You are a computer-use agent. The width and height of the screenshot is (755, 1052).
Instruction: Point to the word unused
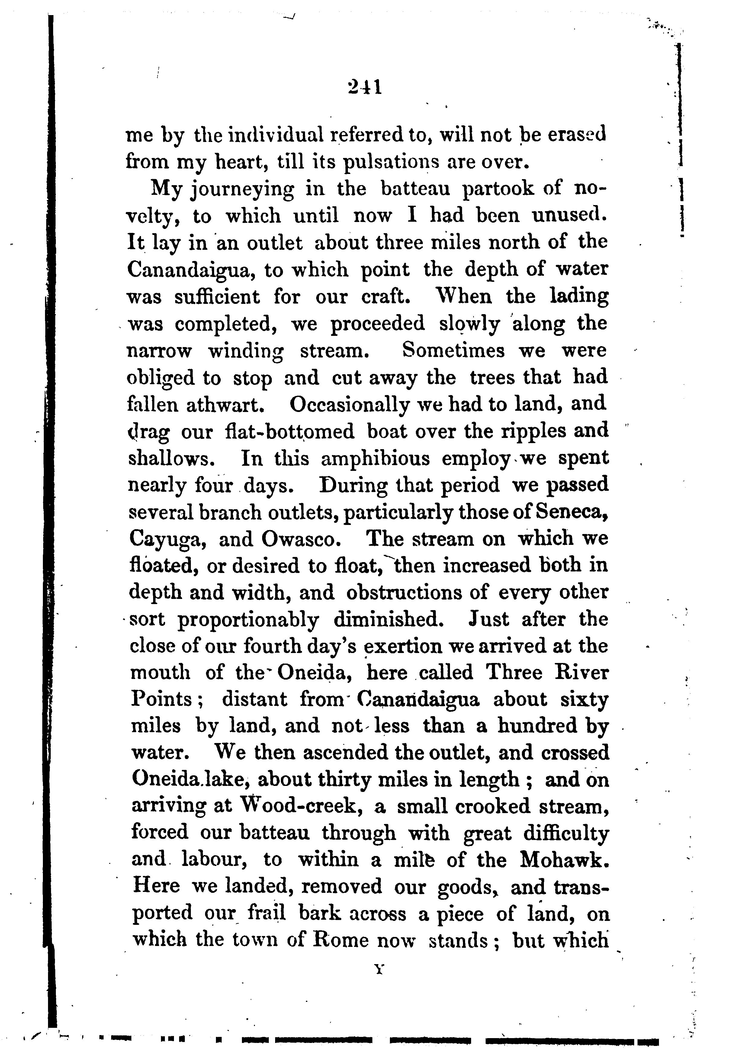(x=569, y=215)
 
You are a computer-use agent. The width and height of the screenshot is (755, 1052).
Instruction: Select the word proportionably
(x=248, y=620)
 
